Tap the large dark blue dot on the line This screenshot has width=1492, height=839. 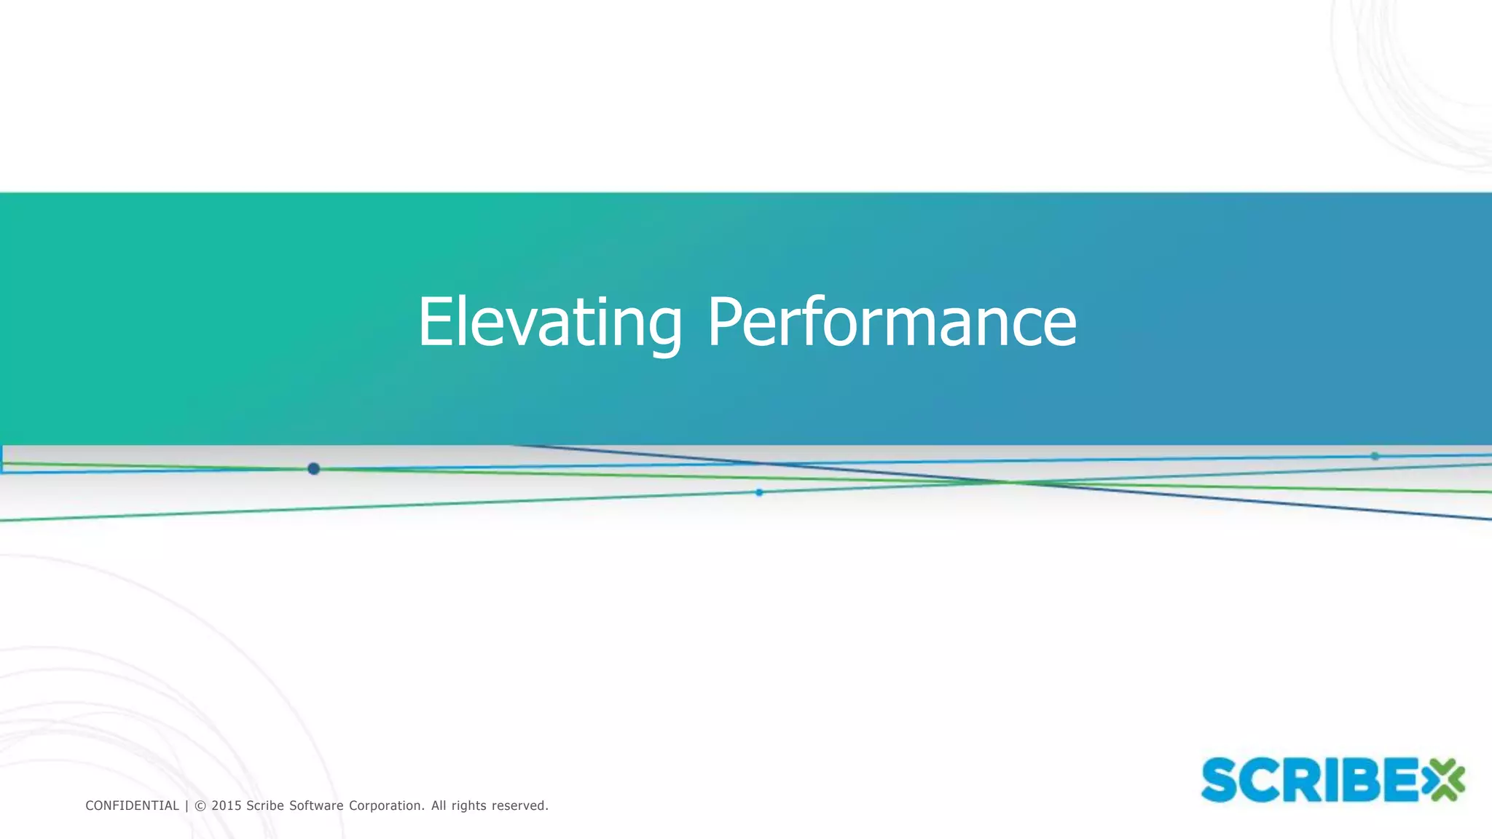coord(313,468)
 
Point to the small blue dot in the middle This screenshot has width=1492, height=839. coord(759,492)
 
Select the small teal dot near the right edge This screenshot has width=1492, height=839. coord(1375,456)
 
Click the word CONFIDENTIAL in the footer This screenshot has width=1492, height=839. coord(132,805)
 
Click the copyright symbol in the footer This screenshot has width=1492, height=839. coord(200,805)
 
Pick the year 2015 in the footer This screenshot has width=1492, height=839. coord(227,805)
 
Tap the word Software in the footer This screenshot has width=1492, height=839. coord(316,805)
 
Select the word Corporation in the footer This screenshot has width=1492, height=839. coord(386,805)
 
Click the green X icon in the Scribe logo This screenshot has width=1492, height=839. coord(1442,779)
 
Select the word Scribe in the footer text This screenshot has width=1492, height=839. coord(265,805)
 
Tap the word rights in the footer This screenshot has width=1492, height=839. coord(468,805)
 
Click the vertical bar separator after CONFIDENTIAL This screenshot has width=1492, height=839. coord(186,805)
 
